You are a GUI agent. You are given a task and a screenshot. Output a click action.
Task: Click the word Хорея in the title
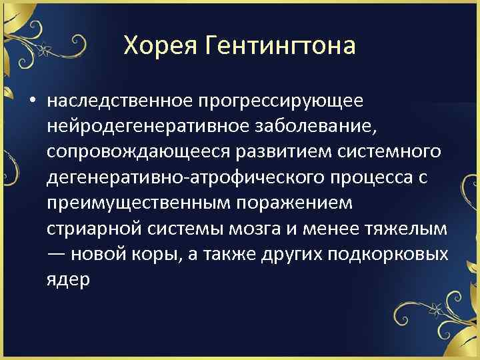[x=154, y=46]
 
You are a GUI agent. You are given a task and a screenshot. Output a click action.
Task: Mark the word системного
[x=389, y=151]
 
